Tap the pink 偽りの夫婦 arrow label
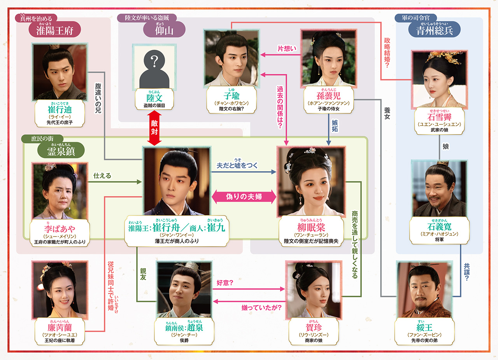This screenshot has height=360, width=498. click(x=244, y=197)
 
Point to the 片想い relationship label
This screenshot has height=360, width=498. click(x=287, y=49)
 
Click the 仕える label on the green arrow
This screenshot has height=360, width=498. click(x=102, y=176)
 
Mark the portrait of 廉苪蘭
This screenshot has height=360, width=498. click(x=60, y=288)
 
